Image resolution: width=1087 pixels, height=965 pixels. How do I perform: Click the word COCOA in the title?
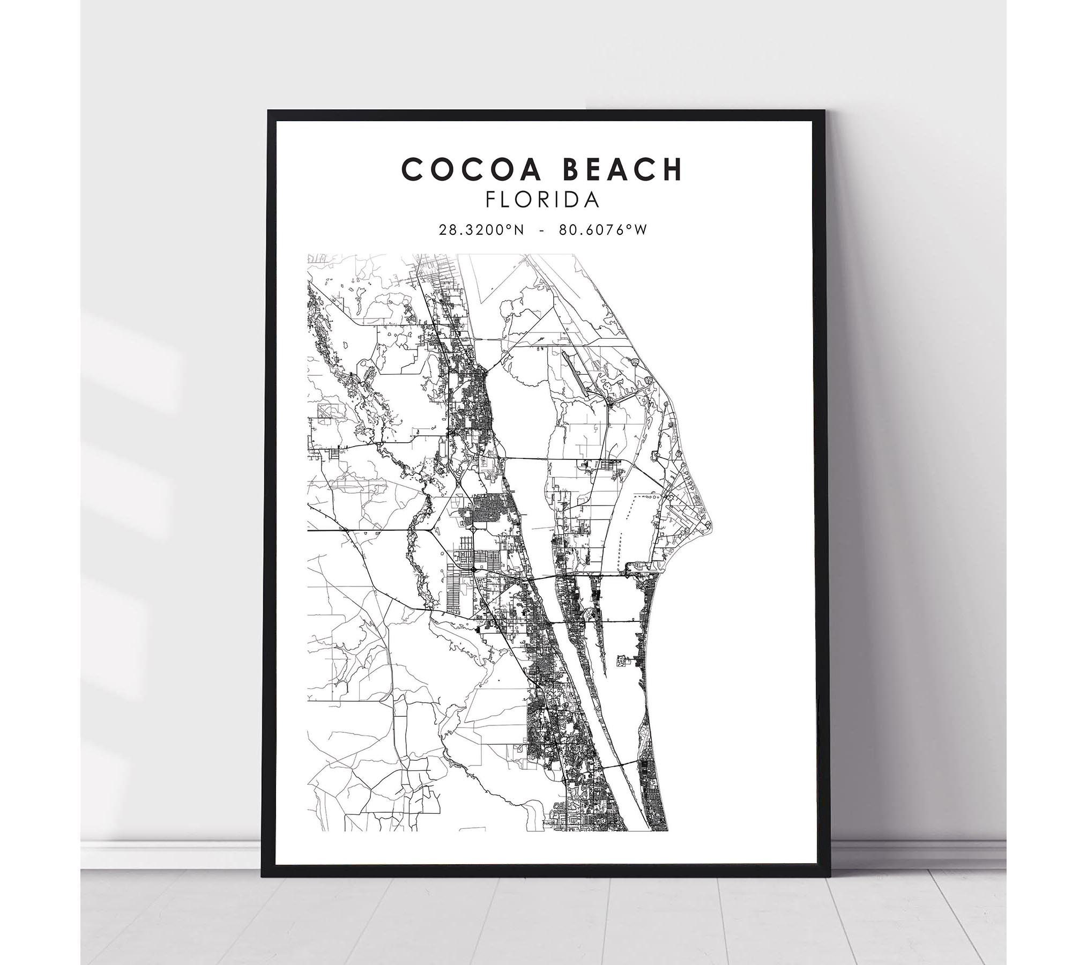pyautogui.click(x=467, y=169)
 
